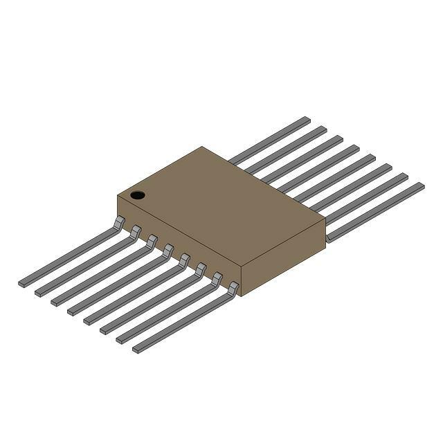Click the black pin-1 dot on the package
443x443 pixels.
click(x=138, y=195)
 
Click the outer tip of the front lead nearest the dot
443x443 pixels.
click(x=22, y=283)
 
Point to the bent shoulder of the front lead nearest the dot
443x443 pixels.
click(x=119, y=222)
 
